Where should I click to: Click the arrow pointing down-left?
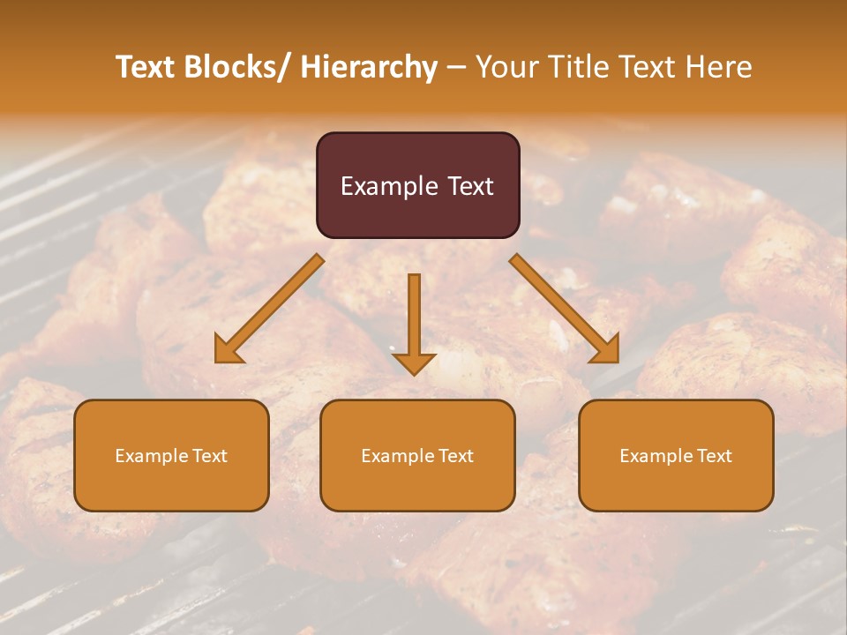(x=269, y=310)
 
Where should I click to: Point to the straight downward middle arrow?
(x=414, y=322)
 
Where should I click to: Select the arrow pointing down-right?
(x=565, y=309)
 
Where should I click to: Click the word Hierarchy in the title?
(x=369, y=67)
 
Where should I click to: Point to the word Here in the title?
(x=720, y=67)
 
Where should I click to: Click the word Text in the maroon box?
(x=470, y=186)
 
